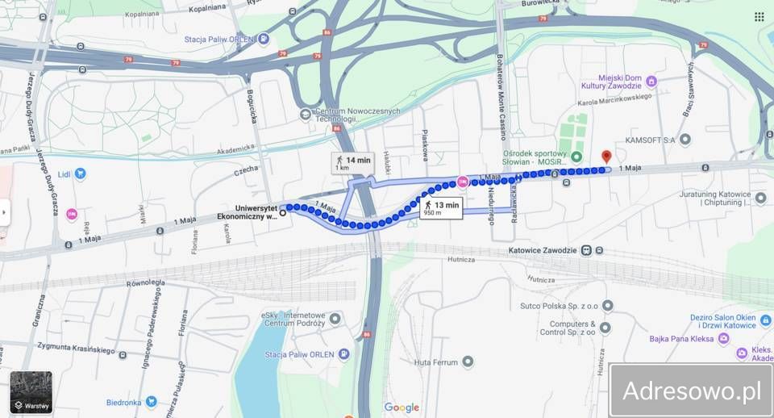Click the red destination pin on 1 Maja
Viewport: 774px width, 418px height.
(x=606, y=157)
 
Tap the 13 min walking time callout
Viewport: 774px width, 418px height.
(x=439, y=208)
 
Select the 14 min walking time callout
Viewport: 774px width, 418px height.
(x=352, y=163)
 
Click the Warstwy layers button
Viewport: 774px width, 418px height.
(x=31, y=392)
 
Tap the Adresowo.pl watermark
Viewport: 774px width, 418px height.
(x=691, y=391)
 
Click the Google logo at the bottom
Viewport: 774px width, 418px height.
(x=402, y=408)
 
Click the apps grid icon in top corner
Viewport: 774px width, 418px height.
(x=759, y=16)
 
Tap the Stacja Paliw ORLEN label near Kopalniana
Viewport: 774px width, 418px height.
(x=218, y=39)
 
